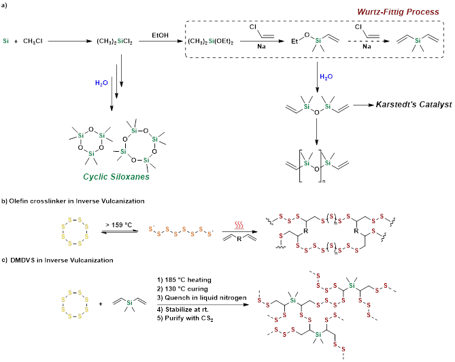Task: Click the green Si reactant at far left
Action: point(5,42)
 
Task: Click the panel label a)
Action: point(5,5)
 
